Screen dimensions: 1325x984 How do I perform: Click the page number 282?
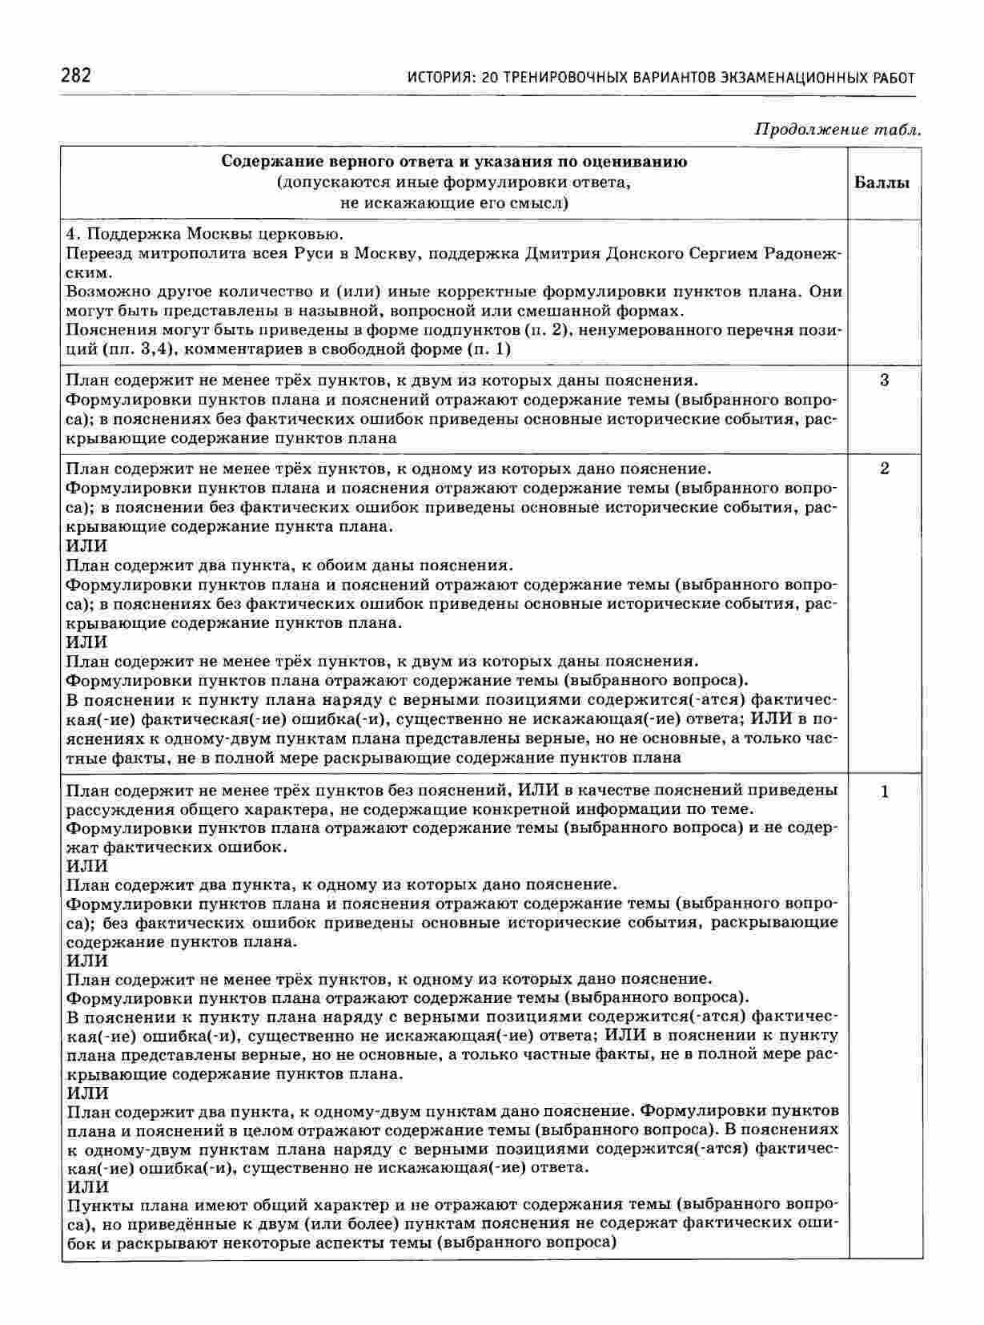pos(76,76)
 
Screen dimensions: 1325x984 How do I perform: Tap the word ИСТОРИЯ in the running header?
pos(439,78)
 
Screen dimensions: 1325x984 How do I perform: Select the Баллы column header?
pos(882,183)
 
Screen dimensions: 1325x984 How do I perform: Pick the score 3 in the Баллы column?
pos(884,381)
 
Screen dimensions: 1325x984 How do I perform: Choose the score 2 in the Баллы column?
pos(884,469)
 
